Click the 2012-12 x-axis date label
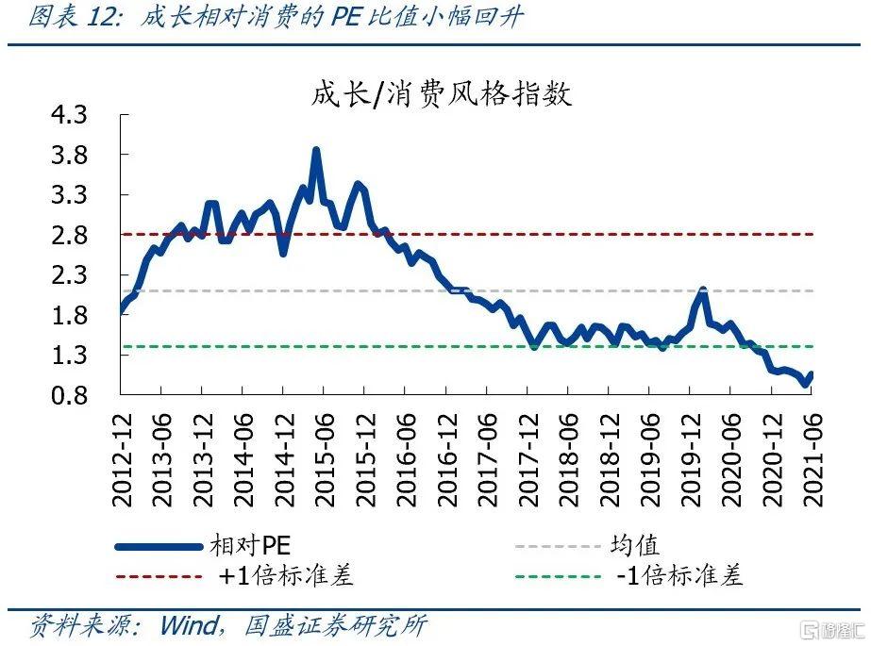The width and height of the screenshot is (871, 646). [x=123, y=460]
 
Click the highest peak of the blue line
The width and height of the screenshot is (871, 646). [x=316, y=150]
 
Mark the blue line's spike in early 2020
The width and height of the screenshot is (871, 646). [x=702, y=290]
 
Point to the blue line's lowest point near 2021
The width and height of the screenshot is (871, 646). [x=805, y=383]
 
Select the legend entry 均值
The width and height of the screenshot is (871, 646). [x=638, y=546]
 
